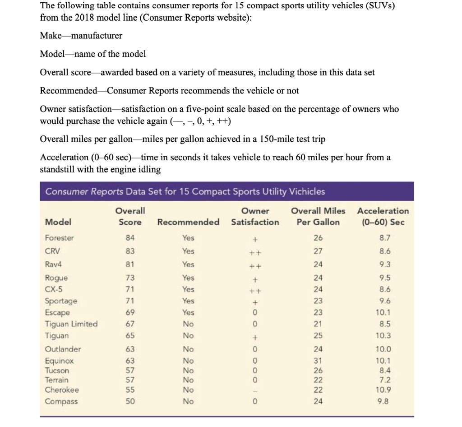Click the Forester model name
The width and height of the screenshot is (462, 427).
60,238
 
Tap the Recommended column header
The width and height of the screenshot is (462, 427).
188,222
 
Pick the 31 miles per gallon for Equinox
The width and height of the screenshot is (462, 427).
318,361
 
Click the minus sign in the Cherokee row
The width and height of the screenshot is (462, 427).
255,390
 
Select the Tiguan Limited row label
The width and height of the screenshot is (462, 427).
71,324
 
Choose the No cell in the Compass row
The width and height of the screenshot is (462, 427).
188,401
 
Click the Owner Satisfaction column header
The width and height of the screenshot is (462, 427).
255,216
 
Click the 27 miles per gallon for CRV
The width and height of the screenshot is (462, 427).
318,251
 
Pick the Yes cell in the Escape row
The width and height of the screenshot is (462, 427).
188,312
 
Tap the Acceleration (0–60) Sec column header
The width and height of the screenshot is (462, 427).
383,216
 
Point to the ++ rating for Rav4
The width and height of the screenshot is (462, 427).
255,265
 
